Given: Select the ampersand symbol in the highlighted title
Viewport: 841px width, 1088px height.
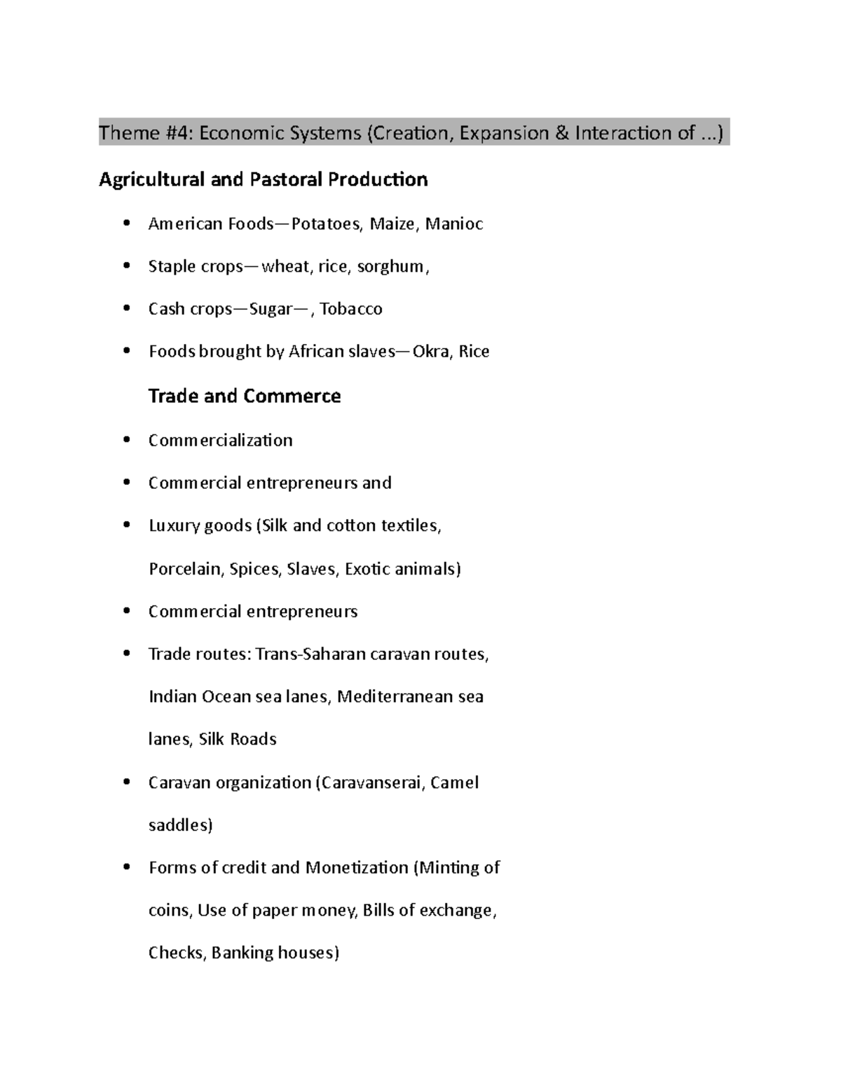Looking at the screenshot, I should point(561,133).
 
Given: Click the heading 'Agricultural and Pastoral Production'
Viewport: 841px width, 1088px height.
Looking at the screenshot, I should point(263,180).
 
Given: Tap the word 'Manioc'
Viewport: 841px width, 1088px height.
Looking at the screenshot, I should point(454,224).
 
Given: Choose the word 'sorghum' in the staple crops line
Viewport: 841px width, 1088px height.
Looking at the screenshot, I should point(390,267).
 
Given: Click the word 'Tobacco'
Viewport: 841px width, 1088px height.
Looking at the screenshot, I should point(351,309).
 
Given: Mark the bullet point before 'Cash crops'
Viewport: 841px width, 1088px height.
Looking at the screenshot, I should point(126,309).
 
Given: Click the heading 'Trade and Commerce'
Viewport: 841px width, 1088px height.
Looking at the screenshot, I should point(245,397).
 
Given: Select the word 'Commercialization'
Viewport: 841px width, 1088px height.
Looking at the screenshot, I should point(220,441).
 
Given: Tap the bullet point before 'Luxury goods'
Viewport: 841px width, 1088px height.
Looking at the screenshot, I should point(126,526).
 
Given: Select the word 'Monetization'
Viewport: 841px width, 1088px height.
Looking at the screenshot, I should point(357,868).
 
